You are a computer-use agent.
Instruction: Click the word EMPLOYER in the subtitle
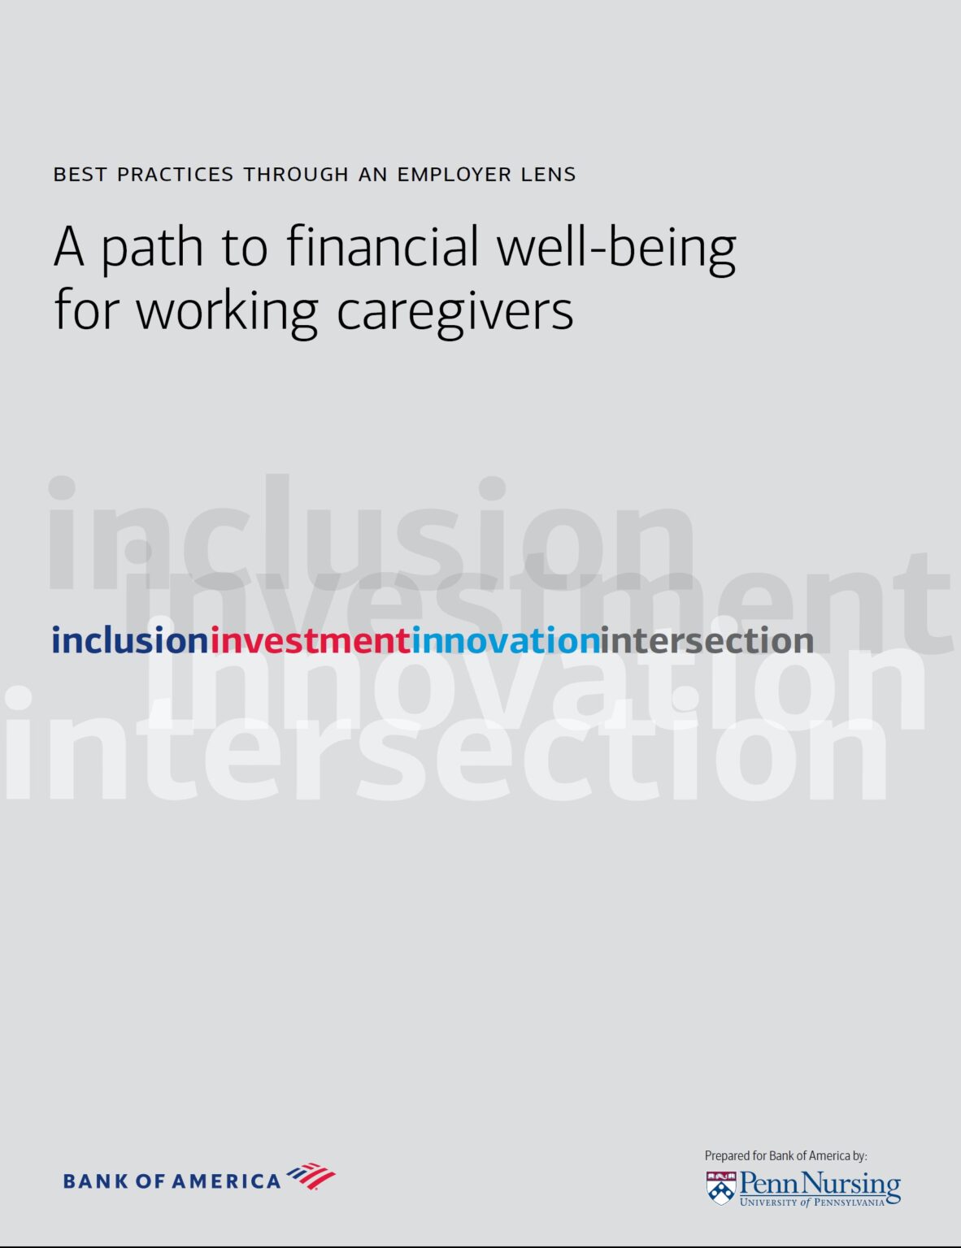(454, 174)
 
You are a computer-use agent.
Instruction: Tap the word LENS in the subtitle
(548, 174)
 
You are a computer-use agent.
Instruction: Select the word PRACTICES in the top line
(175, 174)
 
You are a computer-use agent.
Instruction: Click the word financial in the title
(383, 246)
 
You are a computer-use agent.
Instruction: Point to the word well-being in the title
(616, 248)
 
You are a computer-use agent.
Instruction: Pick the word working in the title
(227, 312)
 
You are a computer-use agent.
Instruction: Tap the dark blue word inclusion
(130, 639)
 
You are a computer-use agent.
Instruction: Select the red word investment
(311, 639)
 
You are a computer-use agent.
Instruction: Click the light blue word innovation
(506, 639)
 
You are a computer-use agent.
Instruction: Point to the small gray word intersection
(707, 639)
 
